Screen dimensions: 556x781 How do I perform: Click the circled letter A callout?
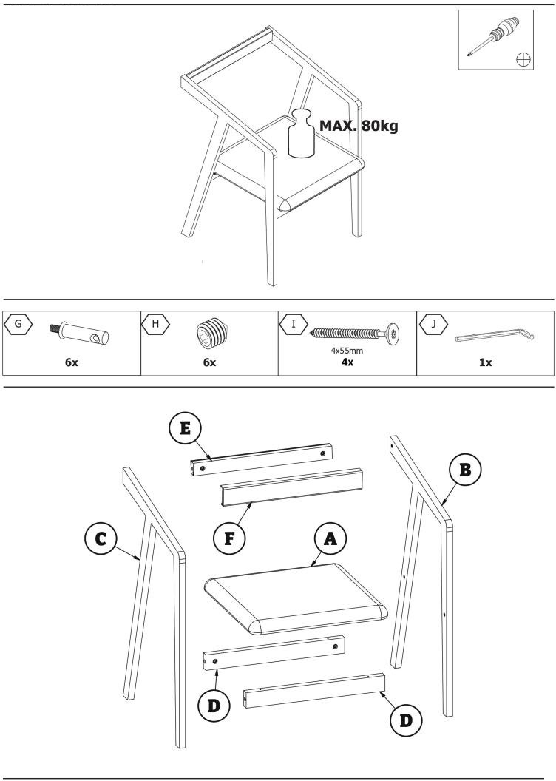[330, 538]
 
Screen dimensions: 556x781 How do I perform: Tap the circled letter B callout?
[465, 470]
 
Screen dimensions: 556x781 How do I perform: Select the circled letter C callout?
[101, 538]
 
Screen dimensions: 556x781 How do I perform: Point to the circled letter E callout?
[185, 428]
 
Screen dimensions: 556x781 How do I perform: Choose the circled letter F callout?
[229, 538]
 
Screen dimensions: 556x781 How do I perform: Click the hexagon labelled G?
[18, 324]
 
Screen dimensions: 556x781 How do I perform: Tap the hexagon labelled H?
[156, 324]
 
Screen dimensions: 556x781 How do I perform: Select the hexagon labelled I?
[294, 324]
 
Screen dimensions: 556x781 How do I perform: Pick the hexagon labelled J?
[433, 324]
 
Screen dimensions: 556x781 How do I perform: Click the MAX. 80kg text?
[359, 126]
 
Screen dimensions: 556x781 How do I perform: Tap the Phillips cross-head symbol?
[523, 60]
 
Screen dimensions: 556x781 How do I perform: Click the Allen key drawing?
[495, 335]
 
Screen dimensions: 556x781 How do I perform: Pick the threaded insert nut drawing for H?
[212, 331]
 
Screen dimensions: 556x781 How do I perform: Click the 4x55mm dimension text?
[347, 350]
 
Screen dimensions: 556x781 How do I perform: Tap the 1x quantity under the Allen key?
[485, 362]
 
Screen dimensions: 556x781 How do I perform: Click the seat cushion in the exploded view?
[296, 599]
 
